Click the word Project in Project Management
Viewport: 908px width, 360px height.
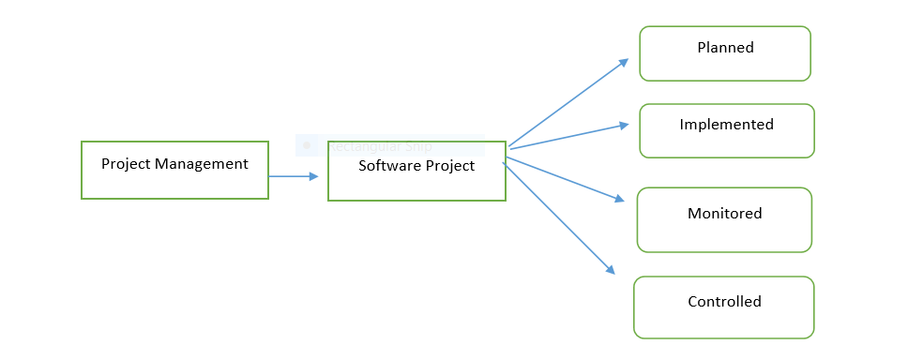(120, 164)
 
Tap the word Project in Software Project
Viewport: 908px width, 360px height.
(448, 166)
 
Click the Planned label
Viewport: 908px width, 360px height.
(725, 48)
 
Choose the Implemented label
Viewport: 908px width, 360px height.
(726, 125)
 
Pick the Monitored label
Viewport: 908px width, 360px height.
(724, 214)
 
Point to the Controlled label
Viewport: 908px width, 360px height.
(724, 302)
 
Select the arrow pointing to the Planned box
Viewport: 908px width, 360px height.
(567, 103)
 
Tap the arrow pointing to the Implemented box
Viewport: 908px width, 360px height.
(567, 136)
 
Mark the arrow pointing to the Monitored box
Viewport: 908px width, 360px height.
(563, 178)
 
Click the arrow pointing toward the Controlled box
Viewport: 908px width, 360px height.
(558, 217)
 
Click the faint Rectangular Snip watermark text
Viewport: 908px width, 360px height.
(380, 146)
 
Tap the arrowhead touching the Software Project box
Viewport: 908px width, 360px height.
(313, 175)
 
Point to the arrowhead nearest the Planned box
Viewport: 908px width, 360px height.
(623, 63)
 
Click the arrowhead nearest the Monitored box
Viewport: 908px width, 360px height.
(618, 198)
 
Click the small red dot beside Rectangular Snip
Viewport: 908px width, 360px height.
(307, 145)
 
